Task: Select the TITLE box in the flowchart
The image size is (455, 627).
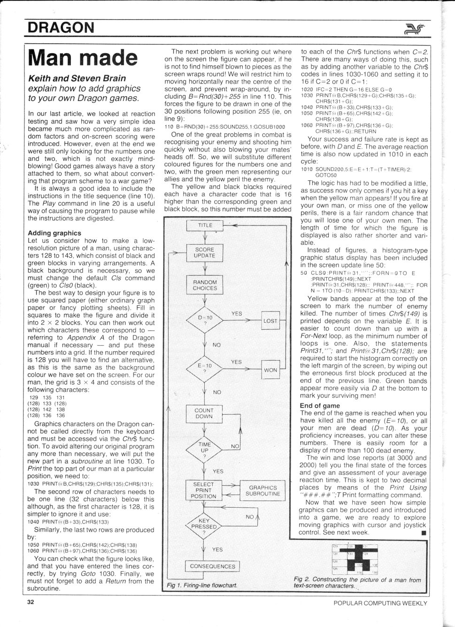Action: pos(205,225)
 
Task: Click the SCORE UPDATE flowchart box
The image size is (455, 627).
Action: pos(204,253)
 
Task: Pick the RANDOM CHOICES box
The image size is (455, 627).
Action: pos(205,285)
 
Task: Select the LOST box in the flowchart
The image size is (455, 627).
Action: pos(270,321)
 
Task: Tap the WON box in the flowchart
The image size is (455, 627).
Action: pos(270,370)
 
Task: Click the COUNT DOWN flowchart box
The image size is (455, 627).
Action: pos(204,413)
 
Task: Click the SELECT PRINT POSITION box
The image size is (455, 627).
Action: pos(204,490)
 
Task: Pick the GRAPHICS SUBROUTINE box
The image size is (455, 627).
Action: pos(263,490)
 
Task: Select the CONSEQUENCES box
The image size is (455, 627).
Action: pos(212,566)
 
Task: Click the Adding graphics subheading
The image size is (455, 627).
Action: pos(54,233)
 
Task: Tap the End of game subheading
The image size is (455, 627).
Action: pos(320,406)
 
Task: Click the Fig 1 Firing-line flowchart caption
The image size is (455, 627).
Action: pos(202,585)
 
